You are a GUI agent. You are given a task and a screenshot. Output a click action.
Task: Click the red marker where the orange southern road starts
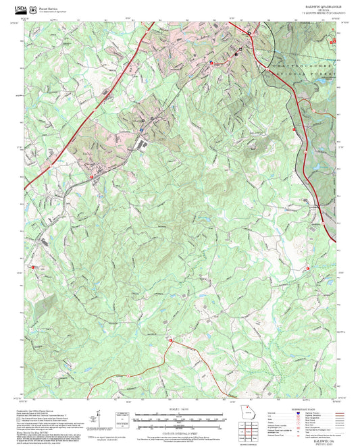point(171,340)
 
